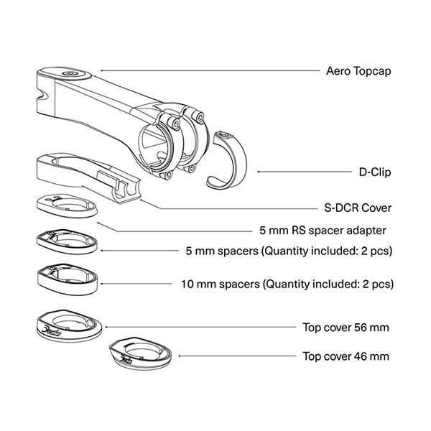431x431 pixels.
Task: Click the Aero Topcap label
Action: (358, 71)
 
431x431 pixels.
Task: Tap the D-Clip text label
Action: (375, 172)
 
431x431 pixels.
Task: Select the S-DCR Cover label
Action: (358, 208)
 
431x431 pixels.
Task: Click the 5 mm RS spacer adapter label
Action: (323, 231)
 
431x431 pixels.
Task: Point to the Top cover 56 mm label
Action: (346, 328)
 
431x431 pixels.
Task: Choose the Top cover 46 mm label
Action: (346, 356)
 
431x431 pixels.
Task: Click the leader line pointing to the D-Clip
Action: (305, 172)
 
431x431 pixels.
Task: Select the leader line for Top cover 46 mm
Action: (238, 356)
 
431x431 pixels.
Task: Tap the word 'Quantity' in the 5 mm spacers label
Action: (284, 251)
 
